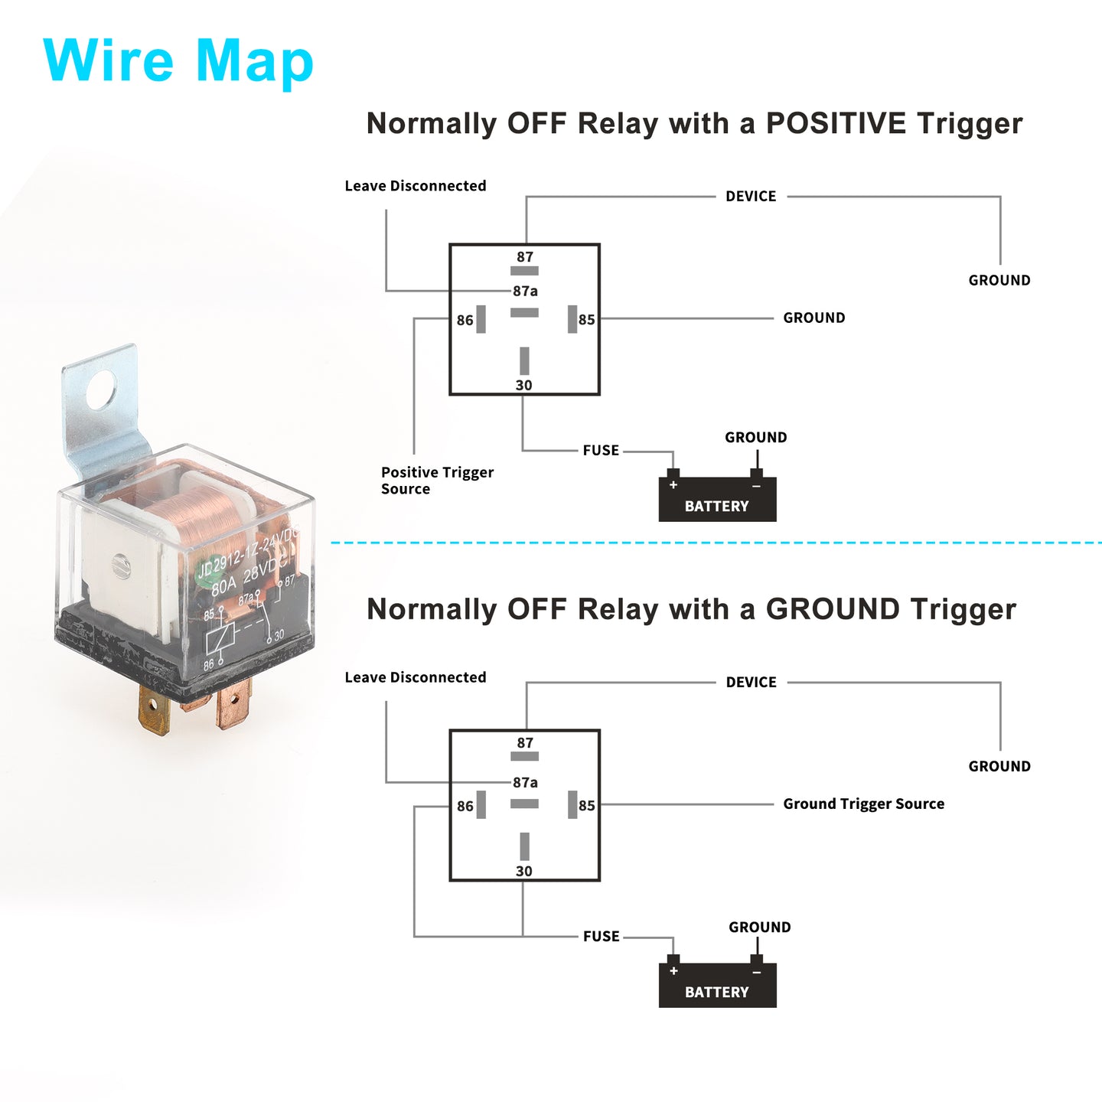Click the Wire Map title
tap(178, 61)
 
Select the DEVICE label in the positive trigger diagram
tap(751, 196)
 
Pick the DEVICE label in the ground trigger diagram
tap(751, 682)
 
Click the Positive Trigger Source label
tap(437, 481)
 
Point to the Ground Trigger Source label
tap(863, 804)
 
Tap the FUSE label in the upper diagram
tap(601, 450)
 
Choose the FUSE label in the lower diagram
tap(601, 936)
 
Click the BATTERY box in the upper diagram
tap(717, 499)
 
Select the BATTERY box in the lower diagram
tap(717, 985)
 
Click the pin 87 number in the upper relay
tap(525, 257)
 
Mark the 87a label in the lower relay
tap(525, 782)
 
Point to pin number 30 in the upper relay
tap(524, 385)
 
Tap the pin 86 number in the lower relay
tap(465, 806)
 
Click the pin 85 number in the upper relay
tap(587, 320)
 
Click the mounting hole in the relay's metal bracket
tap(101, 390)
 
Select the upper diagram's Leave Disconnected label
tap(416, 186)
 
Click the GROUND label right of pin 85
tap(813, 318)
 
